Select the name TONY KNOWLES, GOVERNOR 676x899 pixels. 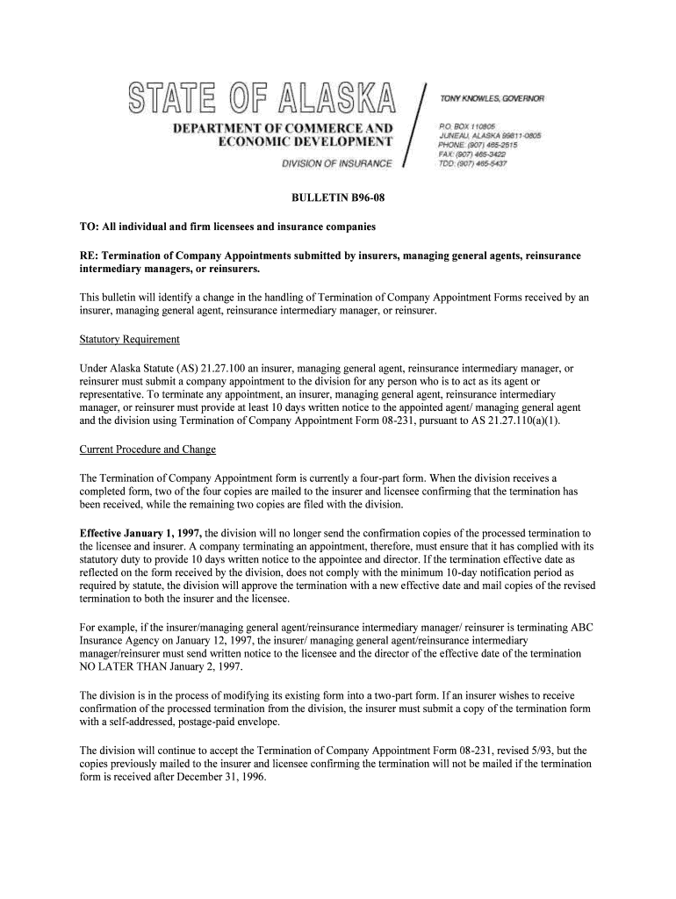point(492,98)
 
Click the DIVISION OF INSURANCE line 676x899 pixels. point(336,164)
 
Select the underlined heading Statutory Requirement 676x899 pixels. point(130,339)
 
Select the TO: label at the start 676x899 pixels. point(89,227)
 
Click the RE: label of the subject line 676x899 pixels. point(89,255)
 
